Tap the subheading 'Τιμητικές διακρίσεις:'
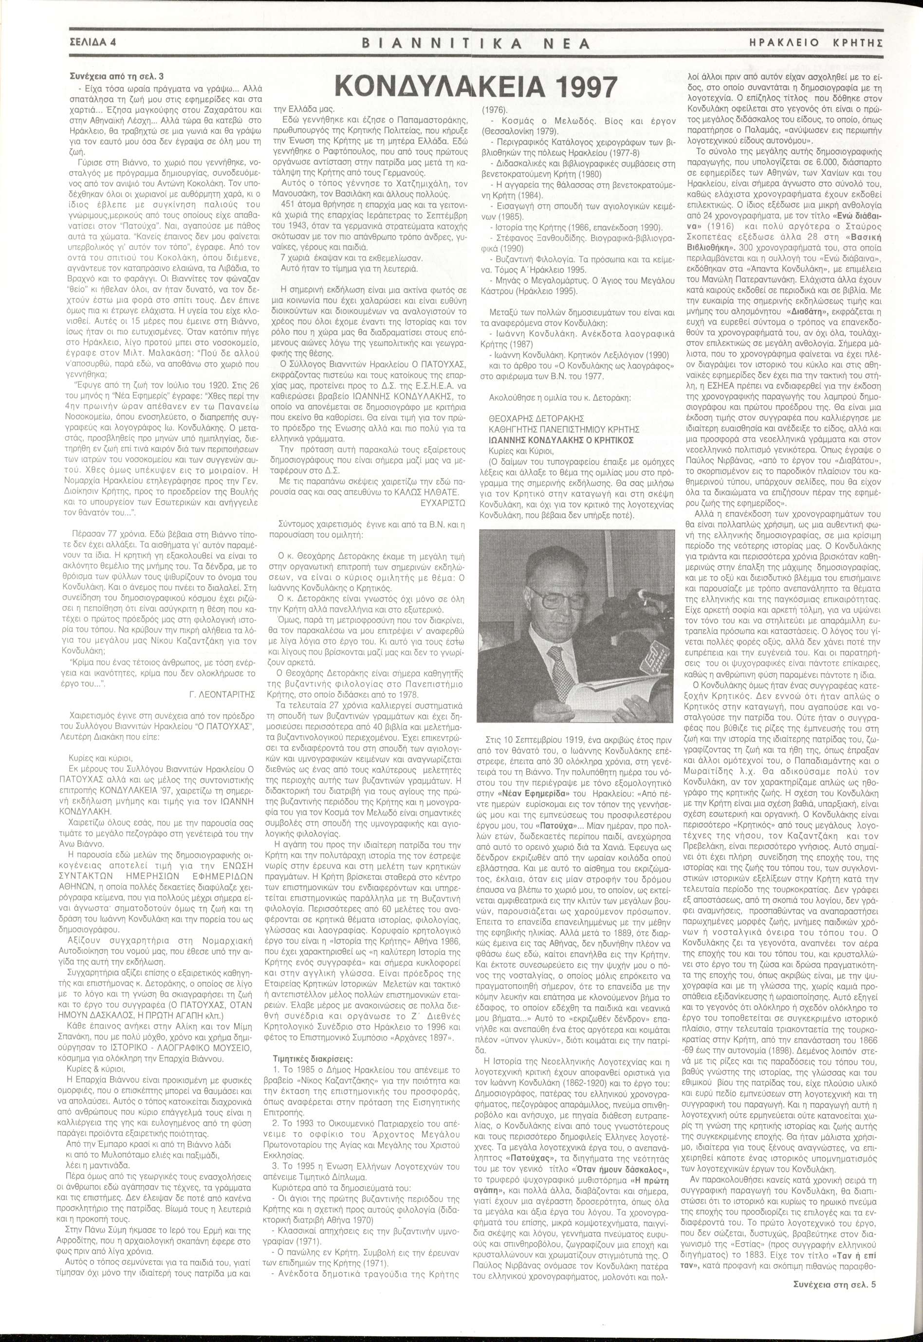311,1043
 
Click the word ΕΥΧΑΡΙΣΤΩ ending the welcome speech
441,503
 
